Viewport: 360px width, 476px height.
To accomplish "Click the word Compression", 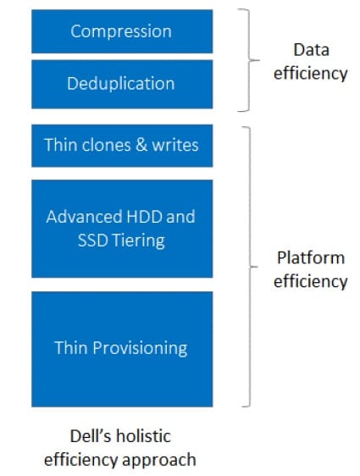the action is pyautogui.click(x=121, y=32).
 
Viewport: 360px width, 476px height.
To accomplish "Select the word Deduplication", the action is pyautogui.click(x=121, y=84).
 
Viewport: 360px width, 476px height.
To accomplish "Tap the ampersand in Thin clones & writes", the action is pyautogui.click(x=141, y=145).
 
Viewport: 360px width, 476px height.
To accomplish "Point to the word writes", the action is pyautogui.click(x=175, y=145).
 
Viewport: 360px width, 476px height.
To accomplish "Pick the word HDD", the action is pyautogui.click(x=144, y=217).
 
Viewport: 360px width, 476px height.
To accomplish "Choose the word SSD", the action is pyautogui.click(x=93, y=241).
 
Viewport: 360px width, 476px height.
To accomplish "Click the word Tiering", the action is pyautogui.click(x=138, y=241).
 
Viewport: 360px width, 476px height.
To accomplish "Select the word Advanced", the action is pyautogui.click(x=85, y=217).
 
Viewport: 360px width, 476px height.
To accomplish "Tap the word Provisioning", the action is pyautogui.click(x=140, y=348).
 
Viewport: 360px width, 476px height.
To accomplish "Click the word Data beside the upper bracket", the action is pyautogui.click(x=311, y=50).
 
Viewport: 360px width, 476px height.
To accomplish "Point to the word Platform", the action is pyautogui.click(x=311, y=257).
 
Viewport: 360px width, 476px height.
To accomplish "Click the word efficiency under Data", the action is pyautogui.click(x=311, y=74).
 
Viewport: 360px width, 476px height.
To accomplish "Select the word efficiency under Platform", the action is pyautogui.click(x=311, y=281).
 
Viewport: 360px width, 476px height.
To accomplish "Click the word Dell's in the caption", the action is pyautogui.click(x=91, y=436).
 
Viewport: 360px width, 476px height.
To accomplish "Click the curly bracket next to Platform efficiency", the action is pyautogui.click(x=250, y=267).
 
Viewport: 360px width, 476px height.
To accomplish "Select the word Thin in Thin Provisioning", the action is pyautogui.click(x=71, y=347).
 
